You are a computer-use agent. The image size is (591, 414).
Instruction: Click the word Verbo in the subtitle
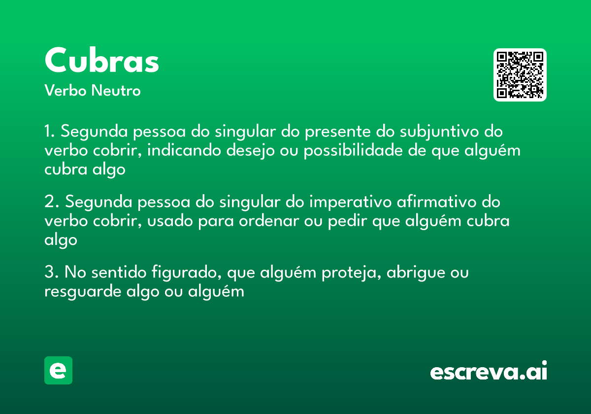[65, 91]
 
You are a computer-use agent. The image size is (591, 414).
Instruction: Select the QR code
[520, 75]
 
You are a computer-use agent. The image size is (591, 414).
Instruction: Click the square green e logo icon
[58, 371]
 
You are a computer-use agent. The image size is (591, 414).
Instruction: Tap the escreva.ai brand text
[489, 371]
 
